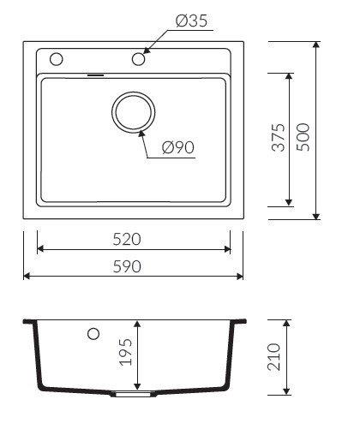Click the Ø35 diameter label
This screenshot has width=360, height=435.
tap(191, 21)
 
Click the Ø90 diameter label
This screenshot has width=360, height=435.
tap(178, 147)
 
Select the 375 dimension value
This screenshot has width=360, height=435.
tap(279, 137)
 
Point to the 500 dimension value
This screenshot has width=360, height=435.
tap(303, 137)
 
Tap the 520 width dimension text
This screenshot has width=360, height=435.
tap(127, 239)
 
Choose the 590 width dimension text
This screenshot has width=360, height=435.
tap(127, 266)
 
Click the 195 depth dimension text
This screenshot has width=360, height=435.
tap(126, 352)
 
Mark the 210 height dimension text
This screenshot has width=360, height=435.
tap(273, 357)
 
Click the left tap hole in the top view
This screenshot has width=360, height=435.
tap(56, 59)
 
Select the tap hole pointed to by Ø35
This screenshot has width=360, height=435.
tap(139, 59)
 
